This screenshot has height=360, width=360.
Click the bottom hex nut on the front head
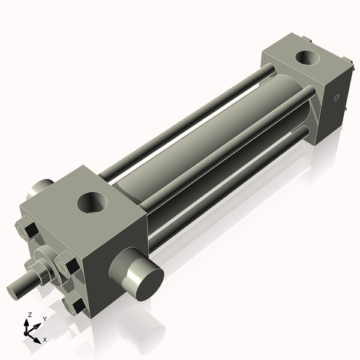74,305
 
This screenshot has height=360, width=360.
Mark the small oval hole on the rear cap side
336,97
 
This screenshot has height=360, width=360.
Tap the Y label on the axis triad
44,319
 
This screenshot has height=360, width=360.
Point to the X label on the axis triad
44,340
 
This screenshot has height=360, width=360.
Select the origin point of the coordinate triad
28,331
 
